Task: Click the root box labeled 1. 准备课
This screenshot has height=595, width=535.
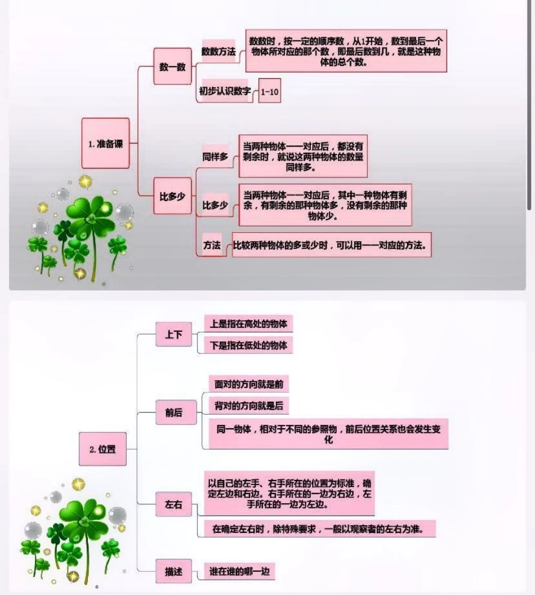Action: pos(105,144)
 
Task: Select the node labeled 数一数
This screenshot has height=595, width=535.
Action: pos(172,66)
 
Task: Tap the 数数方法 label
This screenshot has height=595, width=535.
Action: pos(219,51)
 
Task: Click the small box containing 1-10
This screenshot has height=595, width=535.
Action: pos(270,91)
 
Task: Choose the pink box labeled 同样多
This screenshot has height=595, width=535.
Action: pos(215,157)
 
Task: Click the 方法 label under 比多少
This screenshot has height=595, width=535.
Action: pos(212,246)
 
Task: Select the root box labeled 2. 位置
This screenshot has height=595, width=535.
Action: pos(102,450)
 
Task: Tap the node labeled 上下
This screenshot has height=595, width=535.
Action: pos(173,335)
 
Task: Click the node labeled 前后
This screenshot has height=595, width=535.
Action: pos(173,412)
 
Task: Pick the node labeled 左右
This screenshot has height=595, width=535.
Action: pos(173,505)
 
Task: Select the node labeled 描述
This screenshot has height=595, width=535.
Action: pos(173,571)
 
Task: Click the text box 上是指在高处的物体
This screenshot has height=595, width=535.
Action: pos(248,324)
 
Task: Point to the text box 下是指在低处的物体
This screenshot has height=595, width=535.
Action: pos(248,345)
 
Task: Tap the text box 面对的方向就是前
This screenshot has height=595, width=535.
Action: pos(248,384)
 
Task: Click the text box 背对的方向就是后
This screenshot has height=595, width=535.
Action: pos(248,406)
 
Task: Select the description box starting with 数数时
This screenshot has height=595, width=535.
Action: pos(346,51)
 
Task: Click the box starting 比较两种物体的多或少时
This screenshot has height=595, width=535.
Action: pos(332,246)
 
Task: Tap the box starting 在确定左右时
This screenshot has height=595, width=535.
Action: pos(316,529)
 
